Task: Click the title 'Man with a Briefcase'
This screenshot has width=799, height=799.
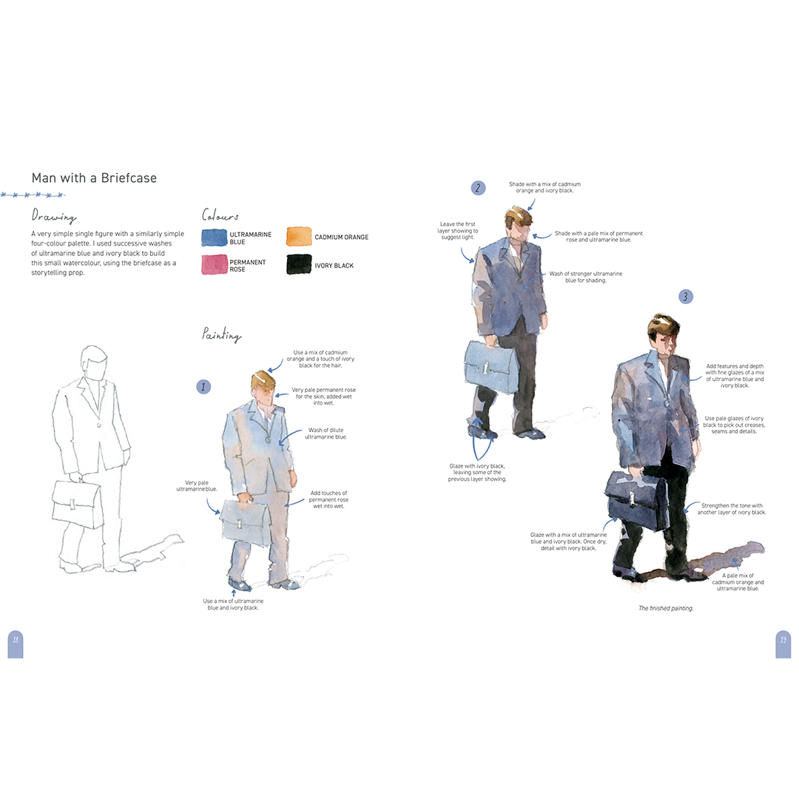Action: [x=94, y=178]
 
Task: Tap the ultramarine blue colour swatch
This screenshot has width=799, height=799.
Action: [x=214, y=238]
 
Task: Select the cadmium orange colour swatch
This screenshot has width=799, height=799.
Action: [x=299, y=237]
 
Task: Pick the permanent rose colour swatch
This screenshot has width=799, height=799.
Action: [x=215, y=264]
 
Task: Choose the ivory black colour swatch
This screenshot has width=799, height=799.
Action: [x=299, y=264]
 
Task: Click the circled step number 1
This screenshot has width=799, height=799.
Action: [x=203, y=387]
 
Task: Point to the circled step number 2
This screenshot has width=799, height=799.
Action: [x=478, y=188]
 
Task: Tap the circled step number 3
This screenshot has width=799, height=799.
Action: [x=686, y=297]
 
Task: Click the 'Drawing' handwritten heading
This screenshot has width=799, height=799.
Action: [x=54, y=216]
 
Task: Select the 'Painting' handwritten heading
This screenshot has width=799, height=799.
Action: [x=222, y=334]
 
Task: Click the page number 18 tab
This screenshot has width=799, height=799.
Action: [x=16, y=644]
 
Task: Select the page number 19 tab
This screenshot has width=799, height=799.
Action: [x=783, y=644]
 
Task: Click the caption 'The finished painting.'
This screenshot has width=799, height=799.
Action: [x=666, y=608]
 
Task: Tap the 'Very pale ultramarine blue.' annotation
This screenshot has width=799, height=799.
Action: [x=197, y=485]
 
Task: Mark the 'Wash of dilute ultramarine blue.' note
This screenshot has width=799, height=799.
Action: [x=326, y=433]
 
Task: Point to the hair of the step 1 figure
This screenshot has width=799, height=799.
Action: [x=263, y=380]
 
